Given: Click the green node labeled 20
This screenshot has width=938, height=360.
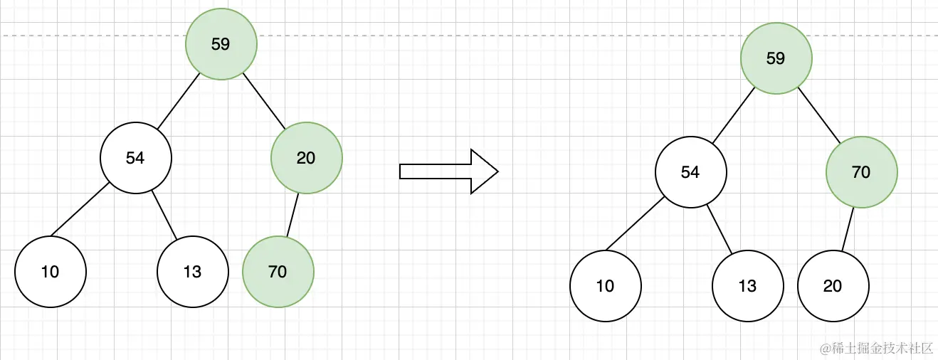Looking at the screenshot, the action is (x=306, y=157).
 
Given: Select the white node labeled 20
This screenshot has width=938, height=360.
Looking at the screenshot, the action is (x=833, y=286).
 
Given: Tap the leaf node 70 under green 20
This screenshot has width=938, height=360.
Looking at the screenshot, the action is (x=278, y=271).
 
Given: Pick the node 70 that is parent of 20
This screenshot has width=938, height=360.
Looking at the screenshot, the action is (x=861, y=172).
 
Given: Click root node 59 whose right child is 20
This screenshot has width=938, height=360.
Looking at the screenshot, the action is (x=221, y=44).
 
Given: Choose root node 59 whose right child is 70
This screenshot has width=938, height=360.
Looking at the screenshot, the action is (x=776, y=58).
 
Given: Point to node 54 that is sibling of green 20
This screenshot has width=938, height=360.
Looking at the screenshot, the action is (x=135, y=158).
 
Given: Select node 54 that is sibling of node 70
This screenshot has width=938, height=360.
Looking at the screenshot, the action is (x=690, y=172).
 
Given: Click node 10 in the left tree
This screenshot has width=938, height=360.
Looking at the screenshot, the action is (x=50, y=272).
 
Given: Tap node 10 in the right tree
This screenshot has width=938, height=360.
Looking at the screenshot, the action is (x=605, y=286).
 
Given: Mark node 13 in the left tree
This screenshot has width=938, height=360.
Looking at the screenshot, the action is (x=192, y=272).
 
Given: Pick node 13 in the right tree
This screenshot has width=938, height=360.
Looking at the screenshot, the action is (x=747, y=286).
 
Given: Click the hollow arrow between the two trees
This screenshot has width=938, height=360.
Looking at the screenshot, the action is (x=448, y=171).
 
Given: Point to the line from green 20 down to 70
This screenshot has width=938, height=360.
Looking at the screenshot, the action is (x=293, y=214).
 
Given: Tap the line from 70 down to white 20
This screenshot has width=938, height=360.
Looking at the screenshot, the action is (x=848, y=229).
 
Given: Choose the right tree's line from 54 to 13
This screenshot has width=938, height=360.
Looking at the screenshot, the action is (x=720, y=229).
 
